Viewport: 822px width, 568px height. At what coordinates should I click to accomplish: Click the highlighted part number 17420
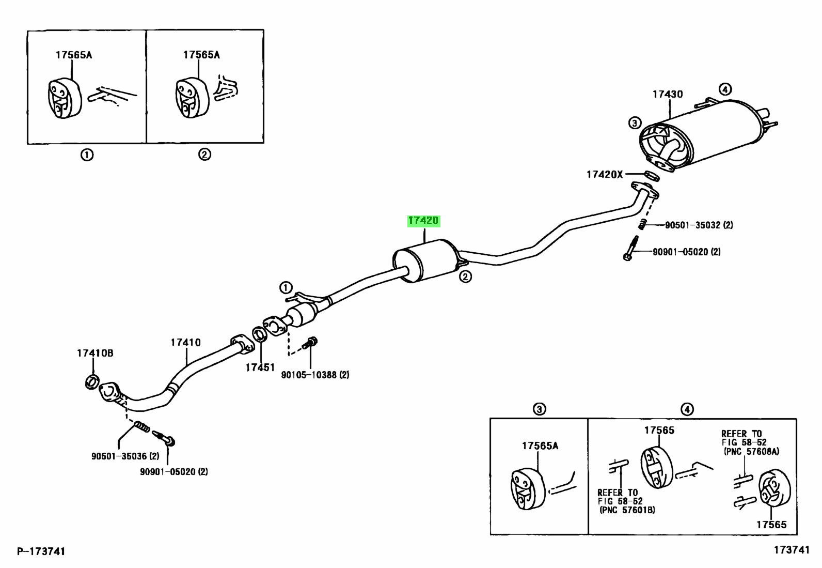[x=423, y=221]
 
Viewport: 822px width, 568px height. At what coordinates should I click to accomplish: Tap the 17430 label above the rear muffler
[x=667, y=94]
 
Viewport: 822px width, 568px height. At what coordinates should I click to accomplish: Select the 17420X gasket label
[x=604, y=175]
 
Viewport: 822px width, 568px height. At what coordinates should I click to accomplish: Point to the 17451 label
[x=260, y=367]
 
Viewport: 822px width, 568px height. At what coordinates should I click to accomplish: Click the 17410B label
[x=95, y=353]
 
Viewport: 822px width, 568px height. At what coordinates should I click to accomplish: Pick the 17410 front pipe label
[x=186, y=342]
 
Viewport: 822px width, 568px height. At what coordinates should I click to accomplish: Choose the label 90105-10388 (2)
[x=315, y=375]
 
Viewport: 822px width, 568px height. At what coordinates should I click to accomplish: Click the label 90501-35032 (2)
[x=699, y=225]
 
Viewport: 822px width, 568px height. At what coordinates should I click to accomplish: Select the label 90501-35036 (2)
[x=125, y=456]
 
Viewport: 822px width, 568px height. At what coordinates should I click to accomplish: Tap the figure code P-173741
[x=41, y=551]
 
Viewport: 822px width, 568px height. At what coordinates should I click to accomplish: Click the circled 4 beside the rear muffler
[x=725, y=89]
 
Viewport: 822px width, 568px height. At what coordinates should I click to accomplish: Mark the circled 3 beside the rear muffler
[x=635, y=123]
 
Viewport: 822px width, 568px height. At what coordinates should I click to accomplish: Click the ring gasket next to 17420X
[x=652, y=176]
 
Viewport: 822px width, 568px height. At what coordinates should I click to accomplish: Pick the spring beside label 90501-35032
[x=643, y=224]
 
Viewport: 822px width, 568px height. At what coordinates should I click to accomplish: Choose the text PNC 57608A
[x=751, y=451]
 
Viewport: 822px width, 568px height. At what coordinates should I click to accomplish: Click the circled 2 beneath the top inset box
[x=204, y=154]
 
